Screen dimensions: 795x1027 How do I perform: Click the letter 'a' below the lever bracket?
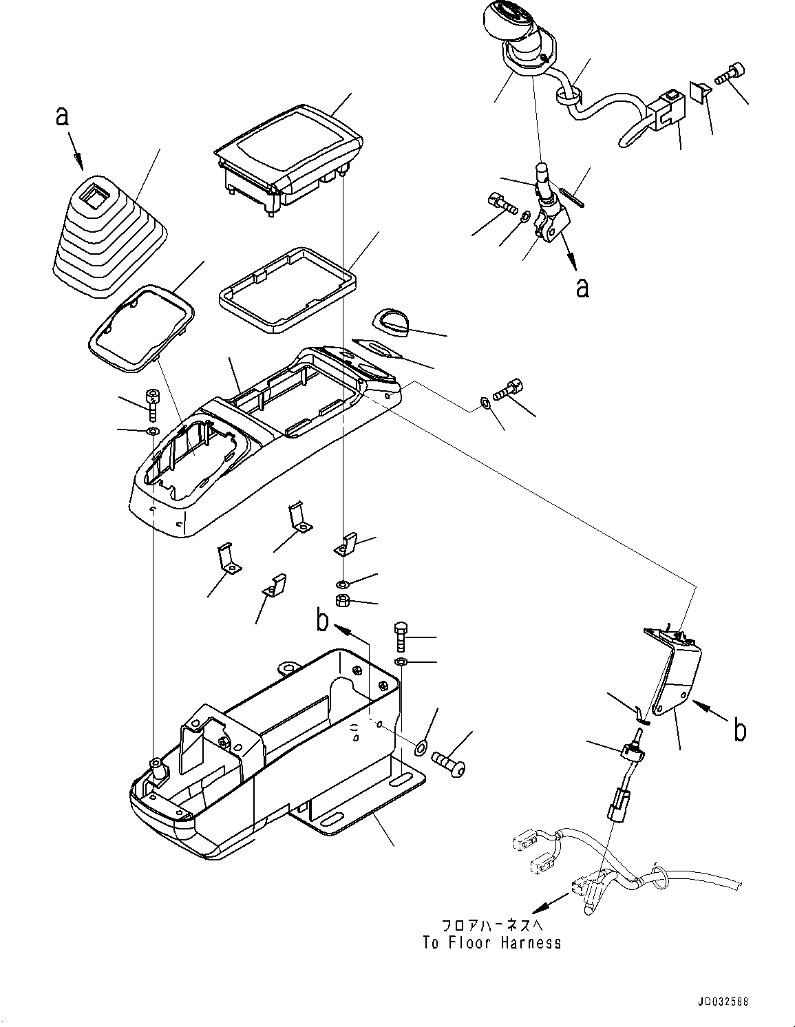tap(583, 287)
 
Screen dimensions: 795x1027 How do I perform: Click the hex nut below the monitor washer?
tap(342, 600)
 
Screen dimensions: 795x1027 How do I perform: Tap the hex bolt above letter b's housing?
tap(400, 636)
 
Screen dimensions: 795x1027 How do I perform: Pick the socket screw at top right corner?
tap(728, 75)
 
